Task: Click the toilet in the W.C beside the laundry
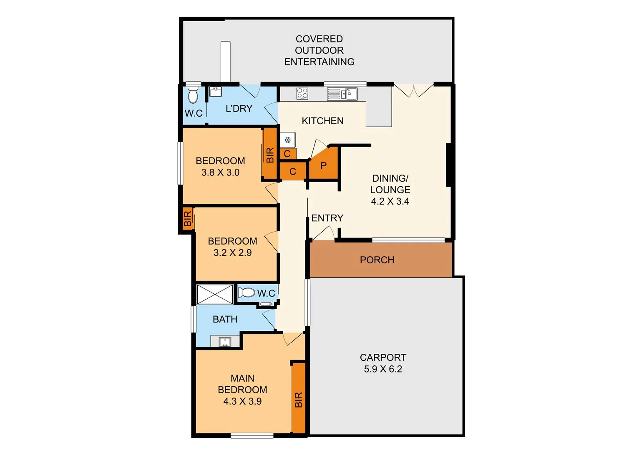point(193,95)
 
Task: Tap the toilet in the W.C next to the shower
point(247,292)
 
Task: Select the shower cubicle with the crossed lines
point(215,294)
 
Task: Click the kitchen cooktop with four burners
point(302,93)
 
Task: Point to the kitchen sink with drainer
point(342,94)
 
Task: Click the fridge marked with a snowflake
point(287,140)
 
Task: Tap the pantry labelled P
point(324,166)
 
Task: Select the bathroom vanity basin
point(225,342)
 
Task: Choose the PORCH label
point(377,260)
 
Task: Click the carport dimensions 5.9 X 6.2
point(383,369)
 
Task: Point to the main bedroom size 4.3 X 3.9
point(242,402)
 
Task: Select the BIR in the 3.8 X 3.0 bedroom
point(270,154)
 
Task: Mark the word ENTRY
point(327,218)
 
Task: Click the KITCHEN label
point(322,121)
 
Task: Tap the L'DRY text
point(239,109)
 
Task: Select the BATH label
point(225,320)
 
